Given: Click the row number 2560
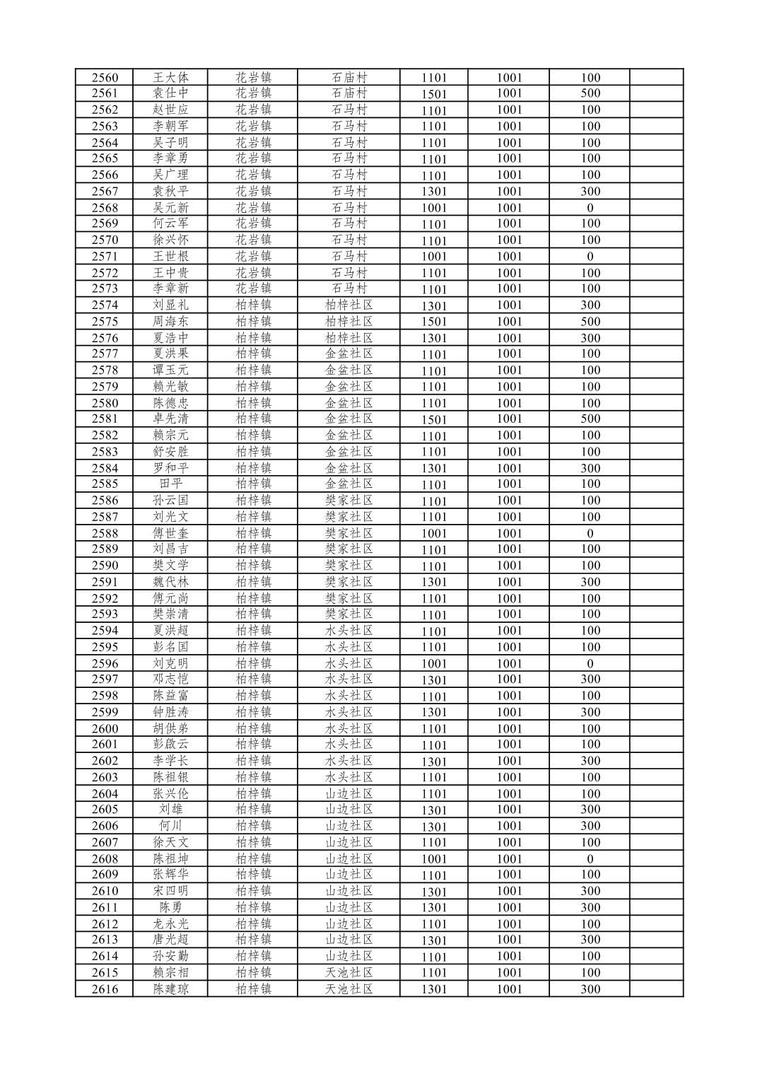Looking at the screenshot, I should click(105, 78).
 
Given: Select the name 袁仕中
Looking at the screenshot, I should click(170, 93).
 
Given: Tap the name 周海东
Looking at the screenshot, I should click(170, 322).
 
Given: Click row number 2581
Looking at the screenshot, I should click(105, 419).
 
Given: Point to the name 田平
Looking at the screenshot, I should click(170, 484).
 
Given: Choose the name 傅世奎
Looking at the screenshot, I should click(170, 533).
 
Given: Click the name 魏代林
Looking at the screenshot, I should click(170, 582).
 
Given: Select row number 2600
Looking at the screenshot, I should click(105, 728).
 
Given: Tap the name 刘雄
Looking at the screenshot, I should click(170, 810).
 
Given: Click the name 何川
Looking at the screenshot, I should click(170, 826).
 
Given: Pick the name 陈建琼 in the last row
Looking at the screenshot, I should click(170, 989).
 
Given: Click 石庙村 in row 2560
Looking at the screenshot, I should click(349, 78).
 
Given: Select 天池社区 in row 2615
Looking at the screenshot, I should click(349, 973).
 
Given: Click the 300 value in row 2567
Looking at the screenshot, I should click(590, 192).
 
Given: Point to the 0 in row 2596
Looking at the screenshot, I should click(590, 664).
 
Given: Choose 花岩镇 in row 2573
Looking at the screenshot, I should click(253, 288).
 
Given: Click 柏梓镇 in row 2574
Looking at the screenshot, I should click(253, 305).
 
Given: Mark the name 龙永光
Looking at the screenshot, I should click(170, 924).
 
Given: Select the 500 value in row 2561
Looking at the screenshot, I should click(590, 93).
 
